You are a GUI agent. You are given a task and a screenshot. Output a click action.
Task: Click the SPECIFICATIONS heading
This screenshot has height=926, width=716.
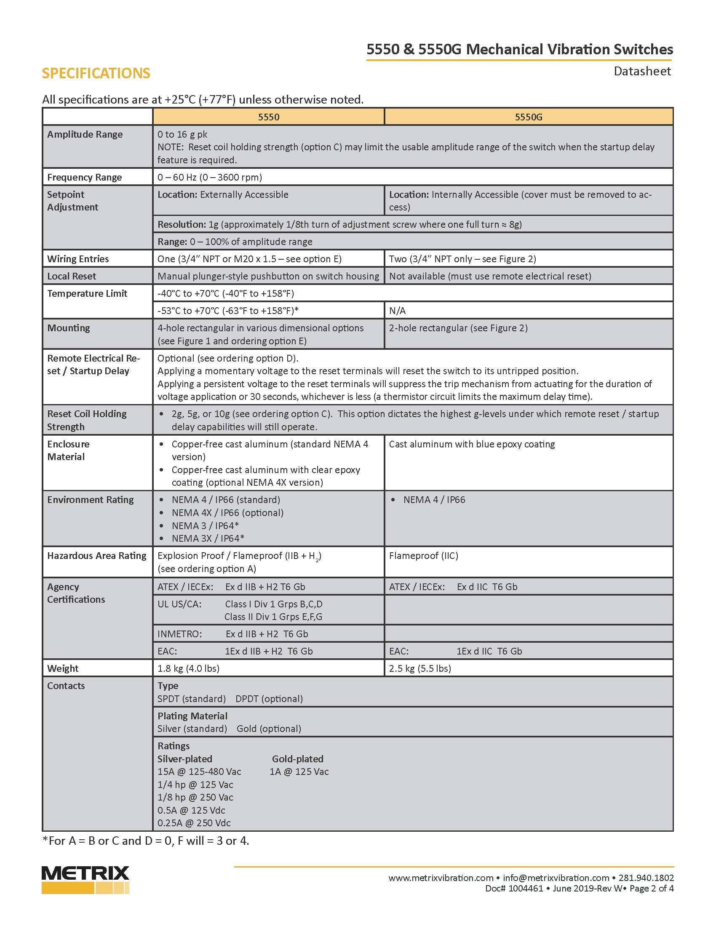click(96, 73)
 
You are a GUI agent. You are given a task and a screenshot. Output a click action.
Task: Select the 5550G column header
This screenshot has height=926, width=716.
click(528, 117)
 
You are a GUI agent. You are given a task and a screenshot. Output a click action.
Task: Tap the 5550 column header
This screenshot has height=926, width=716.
click(269, 117)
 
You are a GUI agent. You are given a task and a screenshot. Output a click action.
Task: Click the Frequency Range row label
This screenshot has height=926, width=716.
click(84, 177)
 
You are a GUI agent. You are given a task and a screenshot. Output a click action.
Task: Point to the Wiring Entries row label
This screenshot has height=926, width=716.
click(78, 259)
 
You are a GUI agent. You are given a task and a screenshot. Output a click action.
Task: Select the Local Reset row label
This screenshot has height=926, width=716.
click(72, 277)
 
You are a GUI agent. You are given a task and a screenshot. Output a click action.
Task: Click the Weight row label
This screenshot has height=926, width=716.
click(63, 669)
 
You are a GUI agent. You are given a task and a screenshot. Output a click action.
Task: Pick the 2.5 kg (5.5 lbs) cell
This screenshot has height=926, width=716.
click(420, 669)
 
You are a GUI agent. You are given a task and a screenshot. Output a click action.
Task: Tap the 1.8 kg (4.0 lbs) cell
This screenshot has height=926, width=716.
click(188, 669)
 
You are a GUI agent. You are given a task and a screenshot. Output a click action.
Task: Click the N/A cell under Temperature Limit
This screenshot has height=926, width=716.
click(398, 311)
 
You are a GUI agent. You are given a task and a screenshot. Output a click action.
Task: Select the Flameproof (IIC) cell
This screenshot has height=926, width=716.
click(423, 556)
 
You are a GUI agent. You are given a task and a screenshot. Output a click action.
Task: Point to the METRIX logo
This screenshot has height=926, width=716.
click(85, 879)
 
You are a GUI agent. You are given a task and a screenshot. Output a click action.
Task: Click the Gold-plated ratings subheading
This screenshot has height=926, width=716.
click(297, 759)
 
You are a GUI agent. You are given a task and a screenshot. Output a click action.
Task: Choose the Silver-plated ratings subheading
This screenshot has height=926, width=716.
click(184, 759)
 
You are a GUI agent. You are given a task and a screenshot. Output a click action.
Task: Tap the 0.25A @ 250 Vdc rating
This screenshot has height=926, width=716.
click(194, 823)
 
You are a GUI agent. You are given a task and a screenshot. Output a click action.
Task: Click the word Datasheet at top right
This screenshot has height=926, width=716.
click(642, 71)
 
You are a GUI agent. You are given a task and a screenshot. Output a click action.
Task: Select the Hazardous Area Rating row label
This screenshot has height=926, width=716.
click(97, 556)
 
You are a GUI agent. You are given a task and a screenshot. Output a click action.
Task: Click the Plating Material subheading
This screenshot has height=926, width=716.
click(192, 716)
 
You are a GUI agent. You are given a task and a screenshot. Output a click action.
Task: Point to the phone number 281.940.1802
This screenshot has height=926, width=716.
click(646, 878)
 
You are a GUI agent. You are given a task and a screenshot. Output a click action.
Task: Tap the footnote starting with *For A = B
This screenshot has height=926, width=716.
click(145, 841)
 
